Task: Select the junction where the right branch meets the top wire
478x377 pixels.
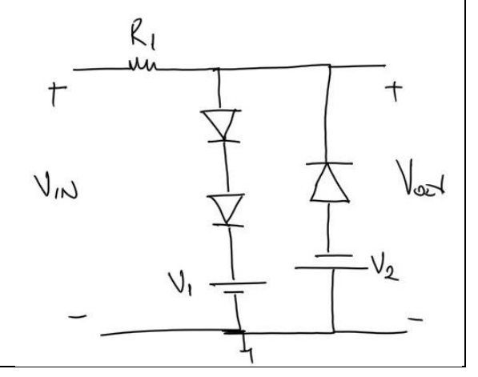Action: coord(330,68)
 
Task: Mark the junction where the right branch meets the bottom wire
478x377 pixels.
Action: coord(331,330)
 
